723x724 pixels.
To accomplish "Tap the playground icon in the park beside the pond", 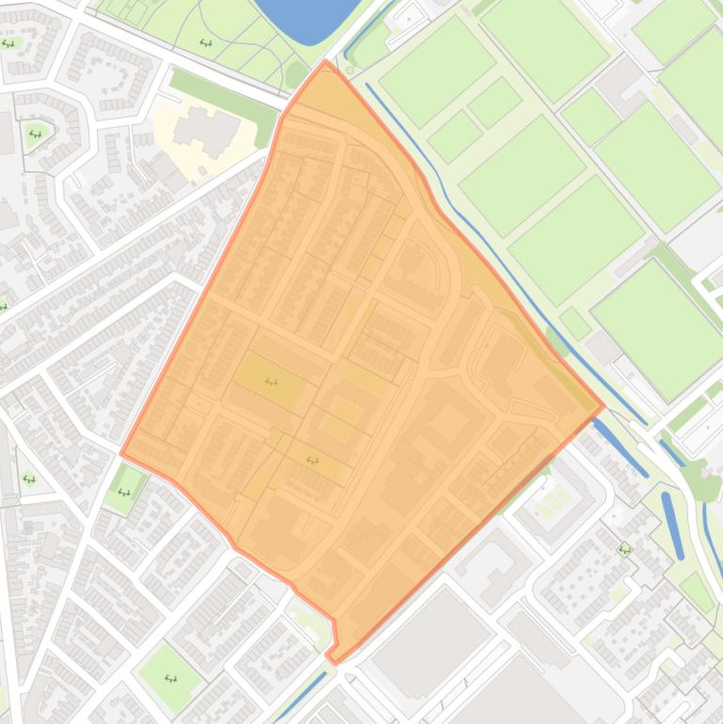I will pyautogui.click(x=206, y=42).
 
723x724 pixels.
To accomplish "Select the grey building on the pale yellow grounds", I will pyautogui.click(x=207, y=130).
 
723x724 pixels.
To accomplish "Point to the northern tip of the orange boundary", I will pyautogui.click(x=325, y=63).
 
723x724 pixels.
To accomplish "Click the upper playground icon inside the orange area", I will pyautogui.click(x=271, y=381).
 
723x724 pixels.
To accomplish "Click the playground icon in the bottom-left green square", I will pyautogui.click(x=170, y=677).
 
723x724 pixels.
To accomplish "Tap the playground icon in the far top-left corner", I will pyautogui.click(x=8, y=43).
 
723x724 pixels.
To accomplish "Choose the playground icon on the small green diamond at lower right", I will pyautogui.click(x=624, y=549).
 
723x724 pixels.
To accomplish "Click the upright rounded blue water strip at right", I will pyautogui.click(x=673, y=525).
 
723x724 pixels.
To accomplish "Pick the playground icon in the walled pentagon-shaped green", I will pyautogui.click(x=35, y=134).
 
